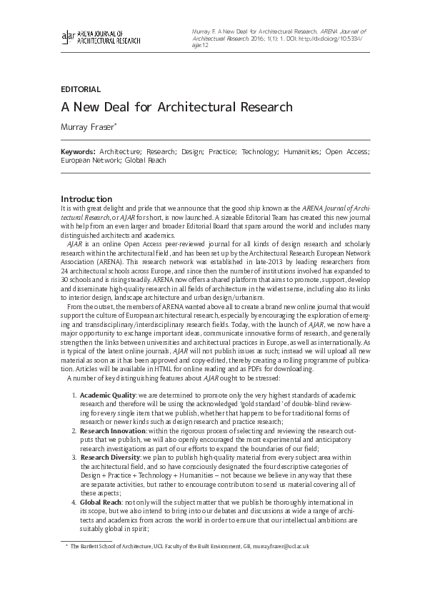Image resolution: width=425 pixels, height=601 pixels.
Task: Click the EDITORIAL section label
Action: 81,89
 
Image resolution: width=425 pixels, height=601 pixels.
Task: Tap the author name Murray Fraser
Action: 90,128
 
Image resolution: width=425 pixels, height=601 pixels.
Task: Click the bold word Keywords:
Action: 78,152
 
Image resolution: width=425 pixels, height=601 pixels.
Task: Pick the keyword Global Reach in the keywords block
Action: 146,161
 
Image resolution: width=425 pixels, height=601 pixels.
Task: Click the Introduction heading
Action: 86,198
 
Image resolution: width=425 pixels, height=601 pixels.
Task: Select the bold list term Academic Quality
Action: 107,395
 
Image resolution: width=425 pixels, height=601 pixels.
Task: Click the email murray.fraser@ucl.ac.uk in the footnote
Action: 281,546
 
